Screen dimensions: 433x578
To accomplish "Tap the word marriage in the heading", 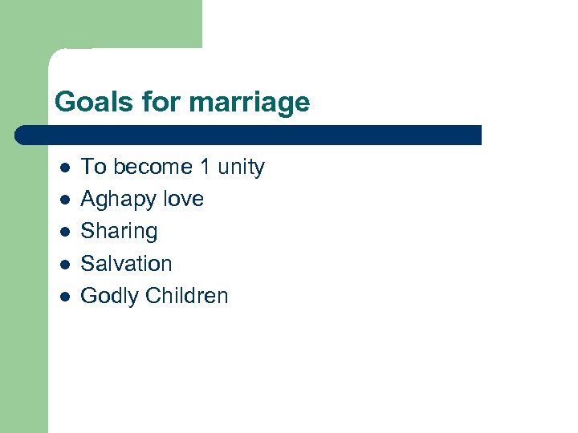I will [x=251, y=103].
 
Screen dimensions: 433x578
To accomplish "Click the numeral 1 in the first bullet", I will [x=205, y=167].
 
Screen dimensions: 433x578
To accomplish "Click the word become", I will [x=153, y=167].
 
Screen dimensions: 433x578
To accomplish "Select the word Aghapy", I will [x=117, y=200].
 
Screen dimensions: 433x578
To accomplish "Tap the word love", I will [x=182, y=199].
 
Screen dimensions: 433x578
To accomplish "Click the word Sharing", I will [x=119, y=232].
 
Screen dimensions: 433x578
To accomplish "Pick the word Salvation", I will [x=126, y=263].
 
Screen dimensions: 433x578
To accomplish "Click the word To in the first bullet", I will [x=93, y=167].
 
